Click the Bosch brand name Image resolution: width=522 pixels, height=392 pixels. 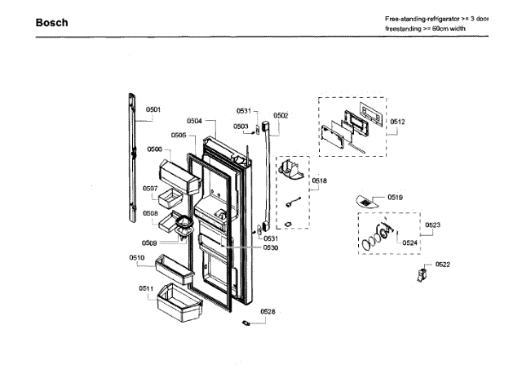pyautogui.click(x=51, y=23)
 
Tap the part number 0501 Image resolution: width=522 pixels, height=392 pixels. pyautogui.click(x=153, y=109)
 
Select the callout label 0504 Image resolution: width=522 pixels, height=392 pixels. pyautogui.click(x=194, y=121)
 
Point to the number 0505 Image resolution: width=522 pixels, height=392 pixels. pyautogui.click(x=179, y=135)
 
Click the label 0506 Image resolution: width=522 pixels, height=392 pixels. pyautogui.click(x=154, y=149)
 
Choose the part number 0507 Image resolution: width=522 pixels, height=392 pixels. pyautogui.click(x=150, y=189)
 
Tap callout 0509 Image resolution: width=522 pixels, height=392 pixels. pyautogui.click(x=149, y=243)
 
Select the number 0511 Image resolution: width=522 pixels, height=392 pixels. pyautogui.click(x=146, y=288)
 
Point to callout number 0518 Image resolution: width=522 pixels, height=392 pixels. pyautogui.click(x=320, y=180)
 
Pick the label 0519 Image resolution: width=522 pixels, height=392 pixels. pyautogui.click(x=396, y=198)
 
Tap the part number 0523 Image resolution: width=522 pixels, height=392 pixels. pyautogui.click(x=433, y=225)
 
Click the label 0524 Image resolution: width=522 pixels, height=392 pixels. pyautogui.click(x=411, y=242)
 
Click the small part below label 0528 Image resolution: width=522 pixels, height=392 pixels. pyautogui.click(x=244, y=324)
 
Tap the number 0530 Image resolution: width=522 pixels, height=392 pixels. pyautogui.click(x=270, y=247)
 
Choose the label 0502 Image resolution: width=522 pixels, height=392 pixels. pyautogui.click(x=281, y=115)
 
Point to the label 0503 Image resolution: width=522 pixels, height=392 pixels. pyautogui.click(x=241, y=127)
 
